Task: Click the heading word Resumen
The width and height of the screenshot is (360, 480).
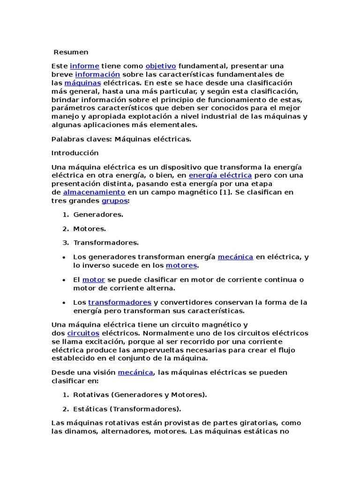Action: (71, 52)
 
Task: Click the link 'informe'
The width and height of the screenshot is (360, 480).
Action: (84, 66)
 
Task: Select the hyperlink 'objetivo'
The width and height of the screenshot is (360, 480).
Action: (161, 66)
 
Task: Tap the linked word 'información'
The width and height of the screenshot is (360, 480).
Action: (97, 75)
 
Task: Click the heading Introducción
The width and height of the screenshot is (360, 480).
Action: (75, 153)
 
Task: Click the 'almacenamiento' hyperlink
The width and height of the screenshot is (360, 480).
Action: (94, 192)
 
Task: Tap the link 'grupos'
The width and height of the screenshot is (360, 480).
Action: (114, 201)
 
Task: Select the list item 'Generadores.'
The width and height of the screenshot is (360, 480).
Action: (98, 215)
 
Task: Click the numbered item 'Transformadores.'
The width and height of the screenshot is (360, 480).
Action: (106, 243)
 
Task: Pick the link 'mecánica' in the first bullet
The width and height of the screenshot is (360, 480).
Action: (235, 257)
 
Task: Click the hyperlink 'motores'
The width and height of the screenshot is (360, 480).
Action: (181, 265)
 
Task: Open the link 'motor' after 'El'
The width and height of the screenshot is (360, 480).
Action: (94, 280)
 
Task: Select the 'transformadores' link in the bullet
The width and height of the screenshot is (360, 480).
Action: (120, 302)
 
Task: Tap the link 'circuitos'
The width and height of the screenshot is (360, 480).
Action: (83, 333)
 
